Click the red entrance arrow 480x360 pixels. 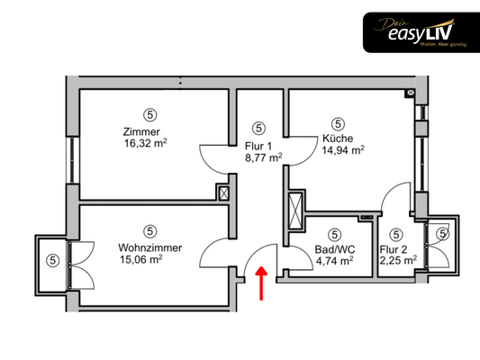point(261,283)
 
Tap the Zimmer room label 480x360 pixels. point(141,131)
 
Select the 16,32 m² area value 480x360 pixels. point(145,143)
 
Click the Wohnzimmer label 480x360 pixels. point(150,247)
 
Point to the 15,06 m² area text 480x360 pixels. point(141,259)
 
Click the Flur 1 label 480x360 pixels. point(258,146)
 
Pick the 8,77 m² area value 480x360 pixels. point(263,157)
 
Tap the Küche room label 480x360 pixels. point(338,139)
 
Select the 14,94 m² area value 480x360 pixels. point(343,150)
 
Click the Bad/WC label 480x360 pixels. point(335,249)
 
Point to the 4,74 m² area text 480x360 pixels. point(335,261)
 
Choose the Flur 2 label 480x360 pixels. point(394,249)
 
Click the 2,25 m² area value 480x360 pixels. point(398,261)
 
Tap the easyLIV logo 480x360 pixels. point(421,32)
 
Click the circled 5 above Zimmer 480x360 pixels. point(150,114)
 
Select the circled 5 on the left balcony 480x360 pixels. point(52,261)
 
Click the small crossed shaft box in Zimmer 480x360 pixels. point(223,193)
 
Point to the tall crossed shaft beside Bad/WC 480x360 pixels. point(295,210)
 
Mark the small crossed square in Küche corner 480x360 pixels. point(411,92)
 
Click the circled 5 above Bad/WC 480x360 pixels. point(335,235)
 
